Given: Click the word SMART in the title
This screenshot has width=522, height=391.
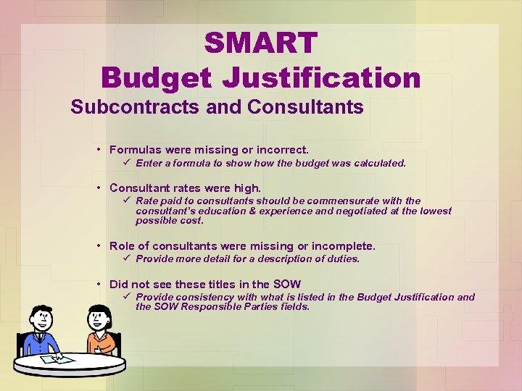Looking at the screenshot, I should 261,43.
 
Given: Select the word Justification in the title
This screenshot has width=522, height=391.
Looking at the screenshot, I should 324,77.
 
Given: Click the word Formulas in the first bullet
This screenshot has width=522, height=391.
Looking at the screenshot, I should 135,150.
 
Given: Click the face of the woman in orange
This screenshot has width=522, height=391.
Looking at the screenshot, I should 99,318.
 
